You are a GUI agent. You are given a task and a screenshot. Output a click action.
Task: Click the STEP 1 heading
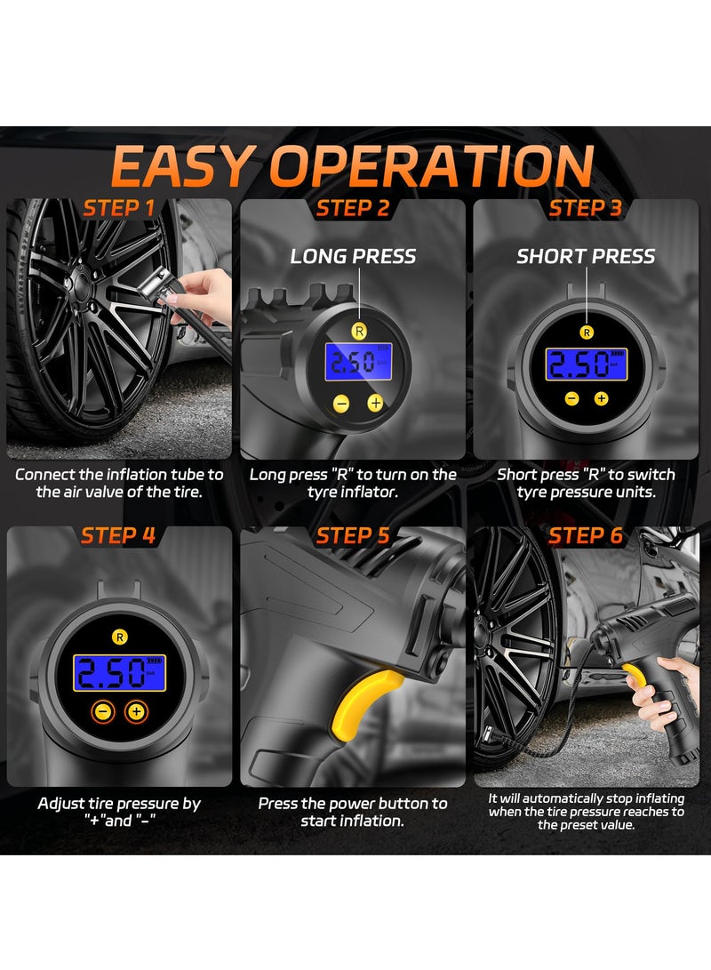[x=118, y=208]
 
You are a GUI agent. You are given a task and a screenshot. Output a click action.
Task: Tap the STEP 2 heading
[x=353, y=208]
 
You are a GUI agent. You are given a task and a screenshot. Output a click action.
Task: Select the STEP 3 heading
[x=586, y=208]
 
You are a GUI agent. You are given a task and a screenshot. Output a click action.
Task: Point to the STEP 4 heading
[x=118, y=535]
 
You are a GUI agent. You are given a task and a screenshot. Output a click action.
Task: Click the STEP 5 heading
[x=353, y=535]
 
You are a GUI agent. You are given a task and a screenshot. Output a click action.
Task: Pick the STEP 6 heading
[x=586, y=535]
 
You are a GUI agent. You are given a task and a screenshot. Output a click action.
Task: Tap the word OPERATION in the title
[x=433, y=165]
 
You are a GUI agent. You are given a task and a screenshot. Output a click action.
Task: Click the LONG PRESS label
[x=353, y=256]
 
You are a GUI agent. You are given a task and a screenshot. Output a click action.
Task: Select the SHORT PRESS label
[x=586, y=256]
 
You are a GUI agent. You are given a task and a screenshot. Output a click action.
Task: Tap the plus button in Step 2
[x=375, y=403]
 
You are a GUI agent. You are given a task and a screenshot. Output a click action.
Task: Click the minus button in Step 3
[x=571, y=398]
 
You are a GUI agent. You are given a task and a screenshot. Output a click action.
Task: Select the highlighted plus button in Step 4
[x=135, y=711]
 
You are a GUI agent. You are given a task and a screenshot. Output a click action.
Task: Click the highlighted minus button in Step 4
[x=104, y=711]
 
